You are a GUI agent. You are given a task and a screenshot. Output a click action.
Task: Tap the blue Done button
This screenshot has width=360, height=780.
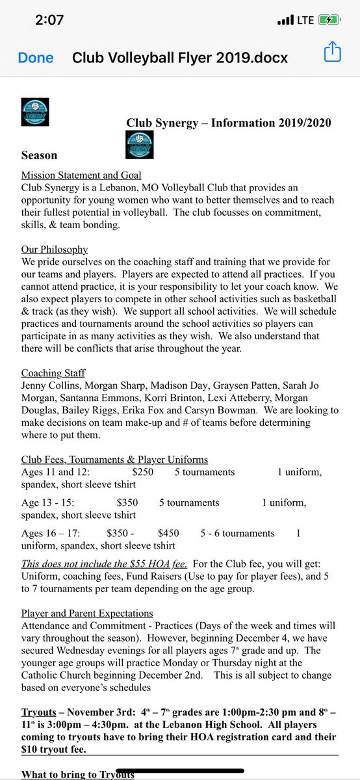point(36,57)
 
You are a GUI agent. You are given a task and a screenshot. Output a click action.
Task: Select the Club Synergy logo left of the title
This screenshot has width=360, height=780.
point(34,111)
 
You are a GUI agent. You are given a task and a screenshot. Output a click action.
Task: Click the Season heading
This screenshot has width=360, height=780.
point(39,155)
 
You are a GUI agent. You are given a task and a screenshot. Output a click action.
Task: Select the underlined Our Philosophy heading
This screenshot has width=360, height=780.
point(55,250)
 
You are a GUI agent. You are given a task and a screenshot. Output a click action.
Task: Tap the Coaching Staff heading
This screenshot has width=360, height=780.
point(54,373)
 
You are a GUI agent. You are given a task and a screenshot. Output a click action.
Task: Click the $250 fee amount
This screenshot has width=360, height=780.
point(142,472)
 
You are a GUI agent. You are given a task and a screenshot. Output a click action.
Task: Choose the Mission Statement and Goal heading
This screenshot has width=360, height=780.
point(81,175)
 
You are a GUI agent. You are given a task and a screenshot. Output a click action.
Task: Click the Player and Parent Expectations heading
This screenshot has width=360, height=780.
point(87,613)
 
